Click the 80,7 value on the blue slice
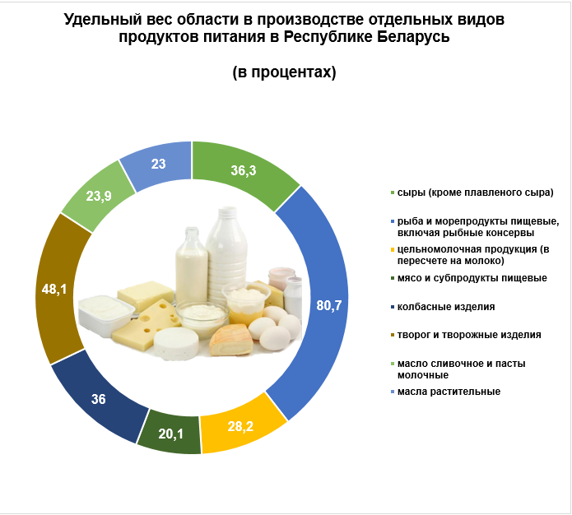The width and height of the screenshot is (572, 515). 328,305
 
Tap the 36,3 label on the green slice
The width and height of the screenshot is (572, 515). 244,170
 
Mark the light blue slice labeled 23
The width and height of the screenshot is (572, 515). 157,165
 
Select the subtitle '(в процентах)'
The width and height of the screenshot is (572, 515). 284,72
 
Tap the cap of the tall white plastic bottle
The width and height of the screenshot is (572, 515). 227,212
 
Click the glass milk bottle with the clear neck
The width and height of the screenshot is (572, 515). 192,266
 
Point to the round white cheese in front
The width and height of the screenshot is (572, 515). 176,343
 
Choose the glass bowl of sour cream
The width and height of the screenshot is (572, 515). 202,314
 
